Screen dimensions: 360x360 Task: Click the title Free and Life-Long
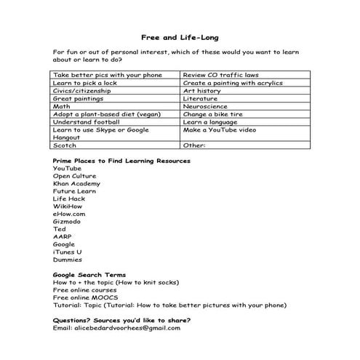point(180,37)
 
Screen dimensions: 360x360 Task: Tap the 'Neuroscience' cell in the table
point(206,106)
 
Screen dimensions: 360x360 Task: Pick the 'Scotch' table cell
point(65,145)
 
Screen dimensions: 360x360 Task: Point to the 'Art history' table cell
point(203,91)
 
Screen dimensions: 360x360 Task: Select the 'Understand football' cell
point(85,121)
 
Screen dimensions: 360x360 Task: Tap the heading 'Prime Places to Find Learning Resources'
point(121,160)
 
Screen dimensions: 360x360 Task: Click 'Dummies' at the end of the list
point(68,260)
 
